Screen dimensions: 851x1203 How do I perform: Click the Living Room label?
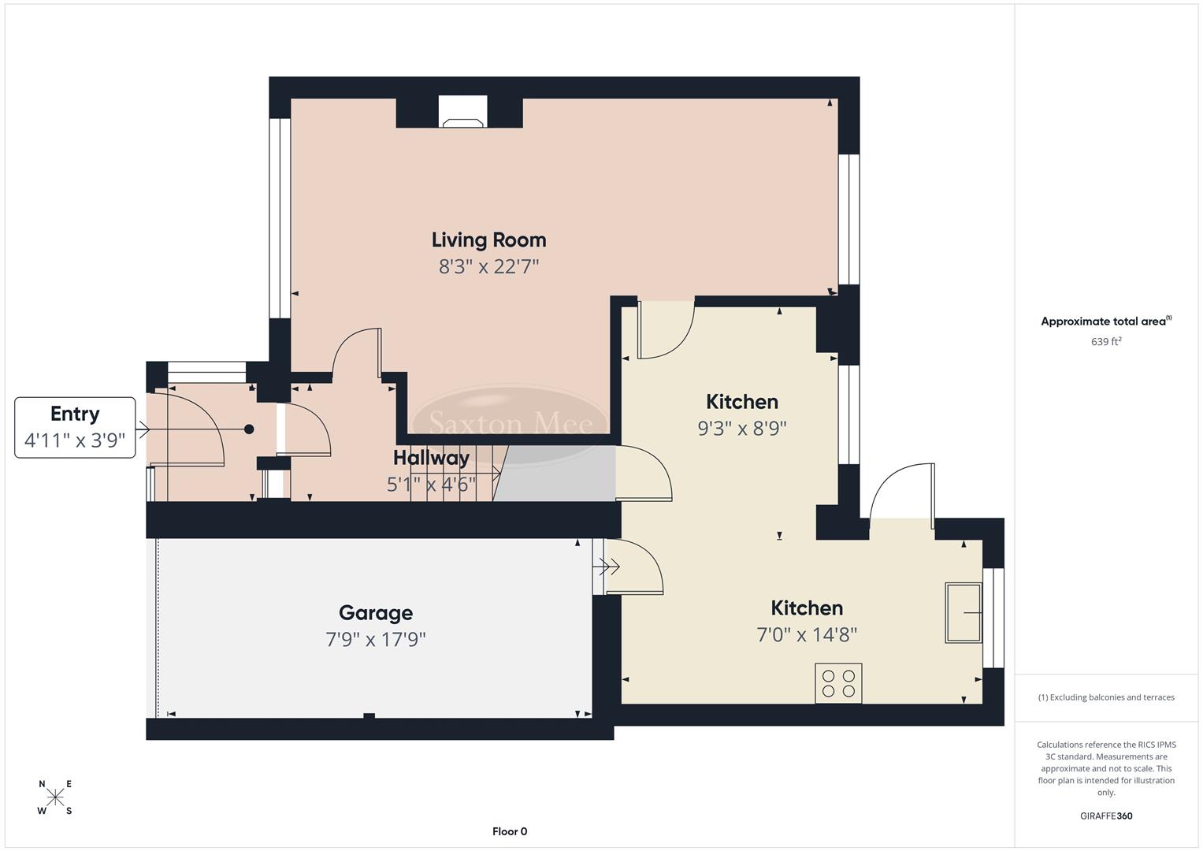(488, 240)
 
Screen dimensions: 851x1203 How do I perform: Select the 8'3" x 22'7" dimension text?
(488, 266)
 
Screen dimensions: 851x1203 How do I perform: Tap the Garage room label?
(375, 612)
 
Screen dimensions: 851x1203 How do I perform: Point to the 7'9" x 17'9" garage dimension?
(375, 639)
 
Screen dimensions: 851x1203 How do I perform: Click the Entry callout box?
(75, 427)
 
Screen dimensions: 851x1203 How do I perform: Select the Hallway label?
(431, 457)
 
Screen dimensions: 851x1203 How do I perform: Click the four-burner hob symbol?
(838, 683)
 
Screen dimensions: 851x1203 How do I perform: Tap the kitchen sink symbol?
(964, 612)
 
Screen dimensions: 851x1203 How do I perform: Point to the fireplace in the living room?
(462, 112)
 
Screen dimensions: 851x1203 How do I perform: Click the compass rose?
(55, 797)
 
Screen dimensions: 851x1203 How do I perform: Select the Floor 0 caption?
(510, 831)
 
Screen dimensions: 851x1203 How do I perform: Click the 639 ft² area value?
(1106, 341)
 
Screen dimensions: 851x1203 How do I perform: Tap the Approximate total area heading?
(1105, 321)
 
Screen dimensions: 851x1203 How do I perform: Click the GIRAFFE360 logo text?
(1105, 816)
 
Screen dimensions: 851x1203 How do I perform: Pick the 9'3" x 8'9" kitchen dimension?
(742, 428)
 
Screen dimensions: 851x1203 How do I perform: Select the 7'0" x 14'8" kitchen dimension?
(807, 634)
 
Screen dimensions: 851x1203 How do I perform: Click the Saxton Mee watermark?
(511, 423)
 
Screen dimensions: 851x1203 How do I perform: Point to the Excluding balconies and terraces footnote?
(1106, 697)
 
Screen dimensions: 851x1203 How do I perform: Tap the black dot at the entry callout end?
(249, 429)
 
